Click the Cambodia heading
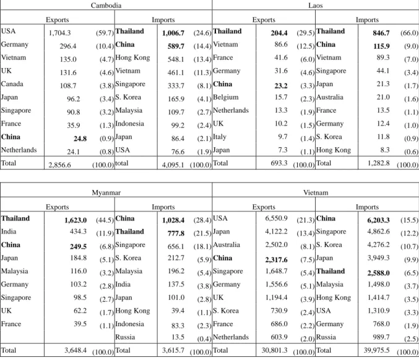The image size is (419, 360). tap(106, 6)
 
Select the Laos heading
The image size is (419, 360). tap(315, 6)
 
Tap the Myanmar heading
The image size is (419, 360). tap(106, 192)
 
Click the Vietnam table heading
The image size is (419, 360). tap(316, 192)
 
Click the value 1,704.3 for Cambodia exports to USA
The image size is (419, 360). tap(59, 33)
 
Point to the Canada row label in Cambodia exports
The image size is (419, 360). tap(12, 84)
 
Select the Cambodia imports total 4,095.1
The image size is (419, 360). tap(173, 165)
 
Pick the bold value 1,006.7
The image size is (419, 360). tap(173, 33)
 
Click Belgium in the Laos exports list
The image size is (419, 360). tap(225, 97)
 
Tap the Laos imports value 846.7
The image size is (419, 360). tap(381, 33)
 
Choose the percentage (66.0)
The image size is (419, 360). tap(409, 33)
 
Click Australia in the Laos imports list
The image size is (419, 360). tap(330, 97)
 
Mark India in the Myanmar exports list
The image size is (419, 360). tap(9, 231)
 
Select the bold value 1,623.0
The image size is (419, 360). tap(76, 220)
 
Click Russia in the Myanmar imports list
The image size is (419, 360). tap(125, 337)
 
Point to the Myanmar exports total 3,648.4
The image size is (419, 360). tap(76, 350)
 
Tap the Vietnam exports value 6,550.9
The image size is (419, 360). tap(276, 218)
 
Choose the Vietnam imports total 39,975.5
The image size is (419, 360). tap(376, 350)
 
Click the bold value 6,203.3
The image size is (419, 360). tap(378, 220)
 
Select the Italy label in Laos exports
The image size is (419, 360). tap(220, 137)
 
